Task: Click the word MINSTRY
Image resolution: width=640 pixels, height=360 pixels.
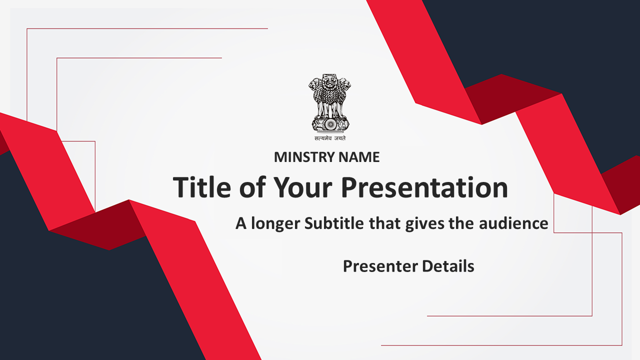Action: [304, 157]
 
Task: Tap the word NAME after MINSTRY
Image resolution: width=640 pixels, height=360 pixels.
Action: [359, 157]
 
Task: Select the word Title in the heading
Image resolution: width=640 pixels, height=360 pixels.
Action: [202, 187]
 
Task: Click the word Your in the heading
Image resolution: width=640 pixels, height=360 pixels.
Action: [303, 187]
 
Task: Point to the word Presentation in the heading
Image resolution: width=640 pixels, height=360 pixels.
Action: [424, 187]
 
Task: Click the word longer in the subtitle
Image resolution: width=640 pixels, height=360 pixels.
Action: [275, 223]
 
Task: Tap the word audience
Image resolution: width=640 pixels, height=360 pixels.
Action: [513, 223]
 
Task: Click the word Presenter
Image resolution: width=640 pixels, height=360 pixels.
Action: [380, 266]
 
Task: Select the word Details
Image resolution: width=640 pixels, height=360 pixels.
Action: [448, 266]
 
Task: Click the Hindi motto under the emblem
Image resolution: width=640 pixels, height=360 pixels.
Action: [330, 138]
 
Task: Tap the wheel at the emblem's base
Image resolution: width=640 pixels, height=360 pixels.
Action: [330, 124]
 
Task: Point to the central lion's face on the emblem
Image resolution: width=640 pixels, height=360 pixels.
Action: [329, 81]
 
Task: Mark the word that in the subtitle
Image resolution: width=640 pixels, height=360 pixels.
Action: [384, 223]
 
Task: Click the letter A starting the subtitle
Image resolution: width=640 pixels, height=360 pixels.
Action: [241, 223]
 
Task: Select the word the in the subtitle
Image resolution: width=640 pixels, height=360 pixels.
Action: [461, 223]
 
